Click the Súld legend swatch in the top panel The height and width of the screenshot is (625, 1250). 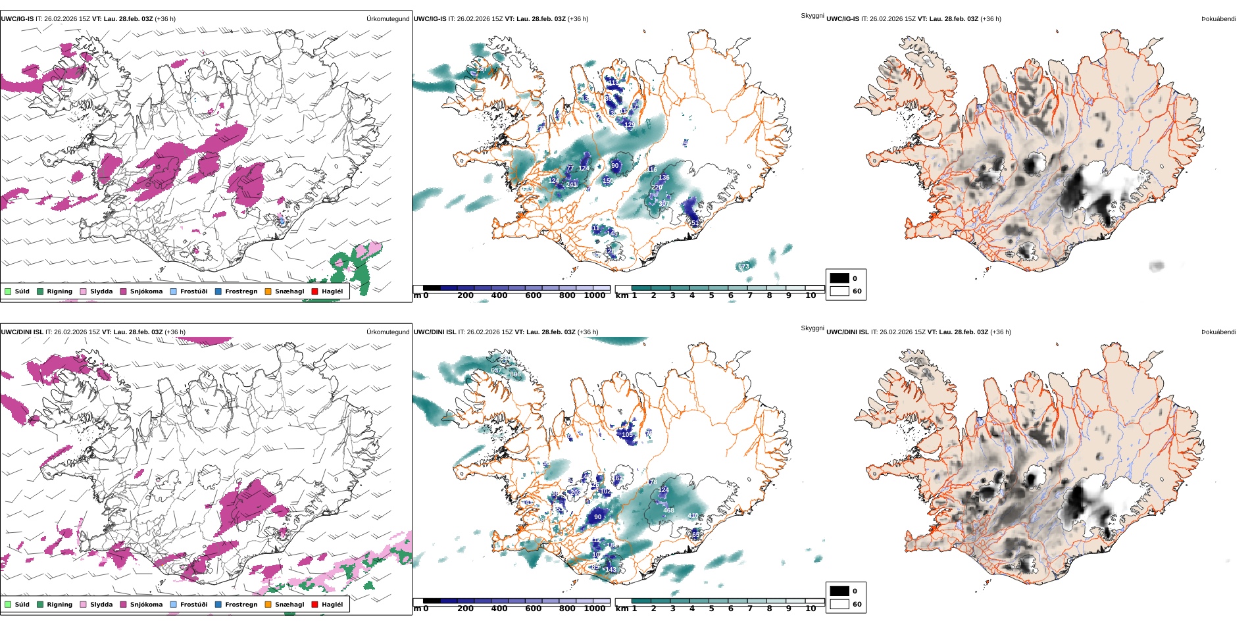click(x=8, y=291)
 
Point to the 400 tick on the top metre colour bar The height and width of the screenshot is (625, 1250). click(x=499, y=295)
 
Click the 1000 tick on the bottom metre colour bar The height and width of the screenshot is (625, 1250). click(x=595, y=609)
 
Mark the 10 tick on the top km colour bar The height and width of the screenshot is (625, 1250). click(x=811, y=295)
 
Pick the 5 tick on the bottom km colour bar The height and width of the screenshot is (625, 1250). click(x=711, y=609)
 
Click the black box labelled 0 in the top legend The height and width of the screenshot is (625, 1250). click(x=839, y=278)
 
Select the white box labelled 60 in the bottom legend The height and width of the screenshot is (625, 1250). click(x=839, y=604)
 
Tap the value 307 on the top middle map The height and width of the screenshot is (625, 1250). click(x=663, y=204)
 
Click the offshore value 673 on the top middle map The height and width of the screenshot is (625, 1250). click(x=743, y=266)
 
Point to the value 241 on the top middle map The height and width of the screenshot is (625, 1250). click(x=571, y=185)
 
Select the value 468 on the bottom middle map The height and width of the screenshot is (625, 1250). click(x=668, y=511)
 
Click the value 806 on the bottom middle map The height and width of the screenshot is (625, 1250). click(x=515, y=374)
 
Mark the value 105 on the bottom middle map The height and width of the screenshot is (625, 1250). click(x=627, y=435)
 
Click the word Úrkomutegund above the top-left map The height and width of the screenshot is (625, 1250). click(x=387, y=19)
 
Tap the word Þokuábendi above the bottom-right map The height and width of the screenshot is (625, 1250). click(x=1218, y=332)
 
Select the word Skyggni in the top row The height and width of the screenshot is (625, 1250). click(x=812, y=15)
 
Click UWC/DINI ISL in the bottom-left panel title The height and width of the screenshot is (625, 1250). click(x=22, y=332)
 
